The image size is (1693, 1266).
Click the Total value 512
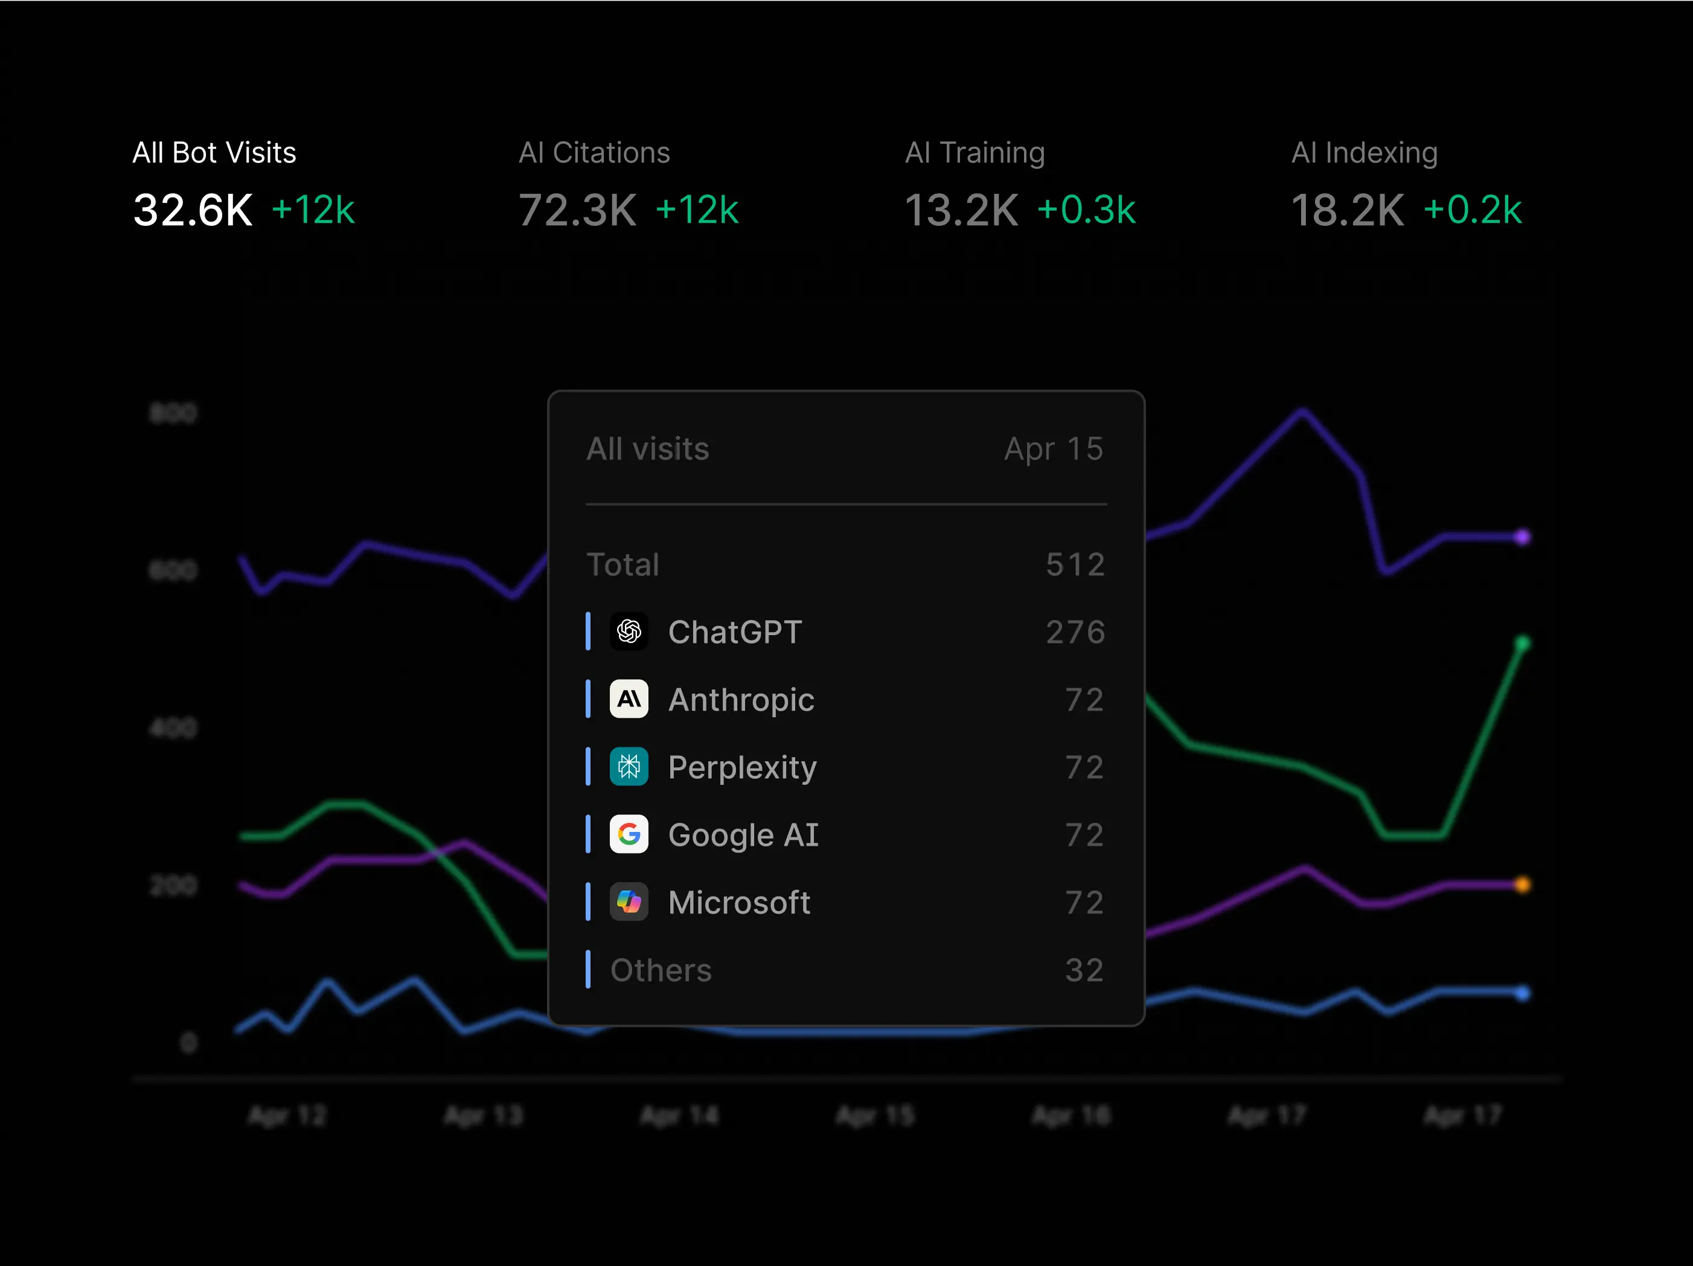(x=1075, y=565)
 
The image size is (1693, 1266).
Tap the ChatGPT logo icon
(x=629, y=631)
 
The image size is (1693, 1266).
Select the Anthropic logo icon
(x=629, y=699)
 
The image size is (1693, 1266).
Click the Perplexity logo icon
(x=629, y=766)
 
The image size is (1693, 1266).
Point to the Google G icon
(x=629, y=834)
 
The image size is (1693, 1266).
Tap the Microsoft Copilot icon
(x=629, y=902)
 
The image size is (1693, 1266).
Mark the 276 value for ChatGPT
(x=1075, y=632)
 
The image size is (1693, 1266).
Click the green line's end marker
(x=1522, y=644)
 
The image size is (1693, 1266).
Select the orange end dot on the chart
(x=1522, y=885)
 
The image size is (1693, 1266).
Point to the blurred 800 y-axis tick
(x=173, y=414)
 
